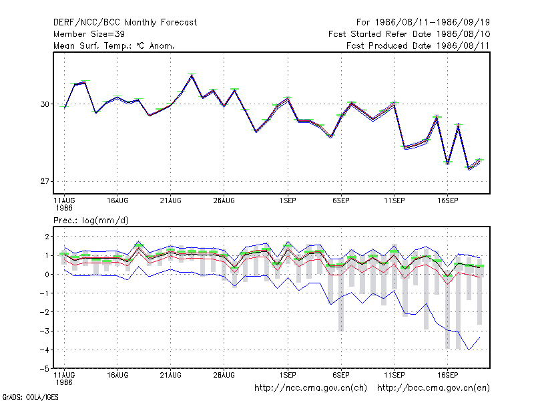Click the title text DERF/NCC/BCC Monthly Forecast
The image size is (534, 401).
click(x=125, y=23)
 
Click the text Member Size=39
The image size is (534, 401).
click(x=89, y=34)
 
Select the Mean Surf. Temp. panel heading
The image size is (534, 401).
click(x=114, y=45)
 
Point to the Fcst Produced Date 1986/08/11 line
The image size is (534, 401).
click(x=418, y=45)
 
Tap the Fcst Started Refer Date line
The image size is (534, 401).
click(x=409, y=34)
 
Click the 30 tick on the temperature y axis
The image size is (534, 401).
click(x=45, y=104)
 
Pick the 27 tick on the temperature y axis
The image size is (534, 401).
click(x=45, y=181)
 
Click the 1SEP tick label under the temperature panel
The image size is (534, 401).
click(x=288, y=201)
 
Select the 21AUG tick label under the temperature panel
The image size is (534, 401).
click(x=171, y=201)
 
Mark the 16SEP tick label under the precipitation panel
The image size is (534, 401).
click(x=447, y=375)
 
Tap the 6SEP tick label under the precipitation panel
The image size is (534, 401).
click(x=341, y=375)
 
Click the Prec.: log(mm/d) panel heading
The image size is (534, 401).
click(x=91, y=221)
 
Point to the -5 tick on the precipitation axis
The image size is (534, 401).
click(x=45, y=369)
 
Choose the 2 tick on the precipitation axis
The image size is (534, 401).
click(x=47, y=237)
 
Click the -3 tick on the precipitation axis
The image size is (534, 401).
click(x=45, y=331)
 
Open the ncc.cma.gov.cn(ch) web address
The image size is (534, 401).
click(x=310, y=388)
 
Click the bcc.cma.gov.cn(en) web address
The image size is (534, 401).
click(x=433, y=388)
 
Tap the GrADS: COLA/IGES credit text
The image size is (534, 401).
click(x=30, y=397)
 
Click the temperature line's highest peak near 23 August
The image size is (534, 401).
click(x=192, y=75)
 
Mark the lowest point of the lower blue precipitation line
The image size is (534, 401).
click(x=469, y=350)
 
